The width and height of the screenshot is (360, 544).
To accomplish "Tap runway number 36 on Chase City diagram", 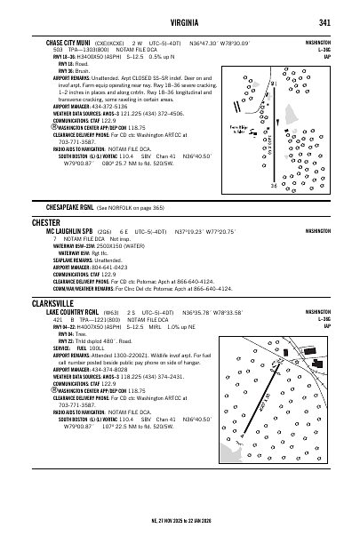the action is pyautogui.click(x=274, y=186).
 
